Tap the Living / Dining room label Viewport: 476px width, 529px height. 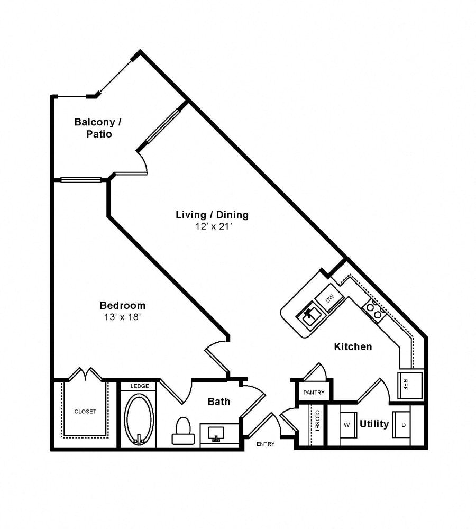(212, 215)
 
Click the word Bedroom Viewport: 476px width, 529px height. (122, 306)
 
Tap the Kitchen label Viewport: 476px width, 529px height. (353, 347)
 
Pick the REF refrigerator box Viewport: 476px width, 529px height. (410, 385)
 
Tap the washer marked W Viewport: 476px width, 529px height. (347, 424)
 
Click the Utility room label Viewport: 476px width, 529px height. (374, 424)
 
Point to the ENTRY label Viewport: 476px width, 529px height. (266, 444)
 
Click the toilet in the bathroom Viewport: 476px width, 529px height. (183, 431)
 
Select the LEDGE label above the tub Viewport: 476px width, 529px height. (139, 386)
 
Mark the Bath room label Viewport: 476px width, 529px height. (218, 402)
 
